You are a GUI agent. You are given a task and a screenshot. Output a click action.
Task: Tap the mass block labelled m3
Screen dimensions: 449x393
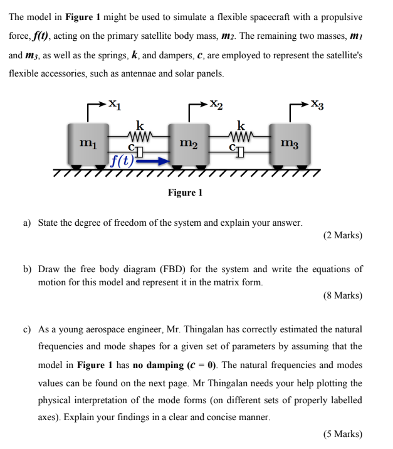(290, 145)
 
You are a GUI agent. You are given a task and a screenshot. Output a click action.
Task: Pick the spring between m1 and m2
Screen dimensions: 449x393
(136, 135)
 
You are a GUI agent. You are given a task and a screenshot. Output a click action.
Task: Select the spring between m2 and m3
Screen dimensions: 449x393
(240, 135)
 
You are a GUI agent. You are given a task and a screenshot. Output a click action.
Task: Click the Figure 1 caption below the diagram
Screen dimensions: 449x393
(185, 192)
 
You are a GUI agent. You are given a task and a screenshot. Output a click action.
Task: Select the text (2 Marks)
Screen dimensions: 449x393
(343, 236)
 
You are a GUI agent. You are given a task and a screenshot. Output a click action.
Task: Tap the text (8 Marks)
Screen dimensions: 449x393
(343, 295)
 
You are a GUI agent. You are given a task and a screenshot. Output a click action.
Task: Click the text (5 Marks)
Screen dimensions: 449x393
(343, 433)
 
